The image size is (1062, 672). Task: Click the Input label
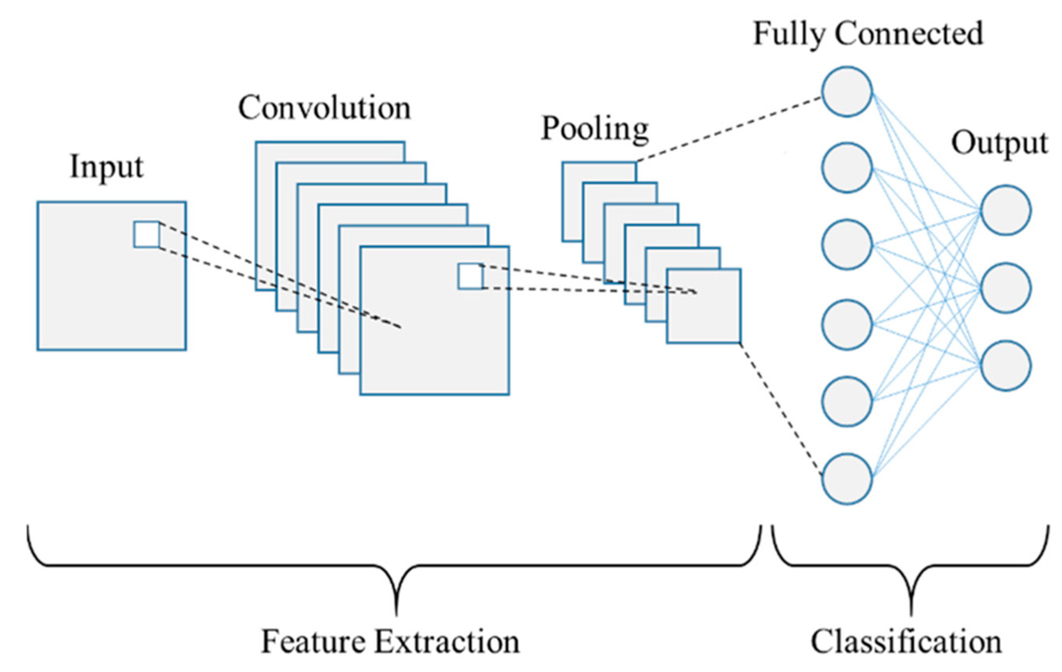pyautogui.click(x=107, y=168)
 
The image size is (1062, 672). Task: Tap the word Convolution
pyautogui.click(x=324, y=108)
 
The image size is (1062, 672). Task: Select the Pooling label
pyautogui.click(x=595, y=129)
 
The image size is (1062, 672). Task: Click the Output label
pyautogui.click(x=999, y=144)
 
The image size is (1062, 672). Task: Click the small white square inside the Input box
pyautogui.click(x=147, y=235)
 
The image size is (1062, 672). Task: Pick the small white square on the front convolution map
pyautogui.click(x=471, y=276)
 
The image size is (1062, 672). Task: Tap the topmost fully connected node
pyautogui.click(x=847, y=92)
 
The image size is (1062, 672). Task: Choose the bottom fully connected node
pyautogui.click(x=847, y=479)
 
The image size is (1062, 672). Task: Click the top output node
pyautogui.click(x=1006, y=210)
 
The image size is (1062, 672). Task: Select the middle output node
pyautogui.click(x=1006, y=288)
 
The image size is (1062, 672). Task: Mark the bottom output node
pyautogui.click(x=1006, y=365)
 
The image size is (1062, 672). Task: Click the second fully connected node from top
pyautogui.click(x=847, y=168)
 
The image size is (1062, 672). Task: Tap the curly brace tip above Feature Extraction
pyautogui.click(x=397, y=610)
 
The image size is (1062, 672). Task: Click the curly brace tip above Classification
pyautogui.click(x=911, y=610)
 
